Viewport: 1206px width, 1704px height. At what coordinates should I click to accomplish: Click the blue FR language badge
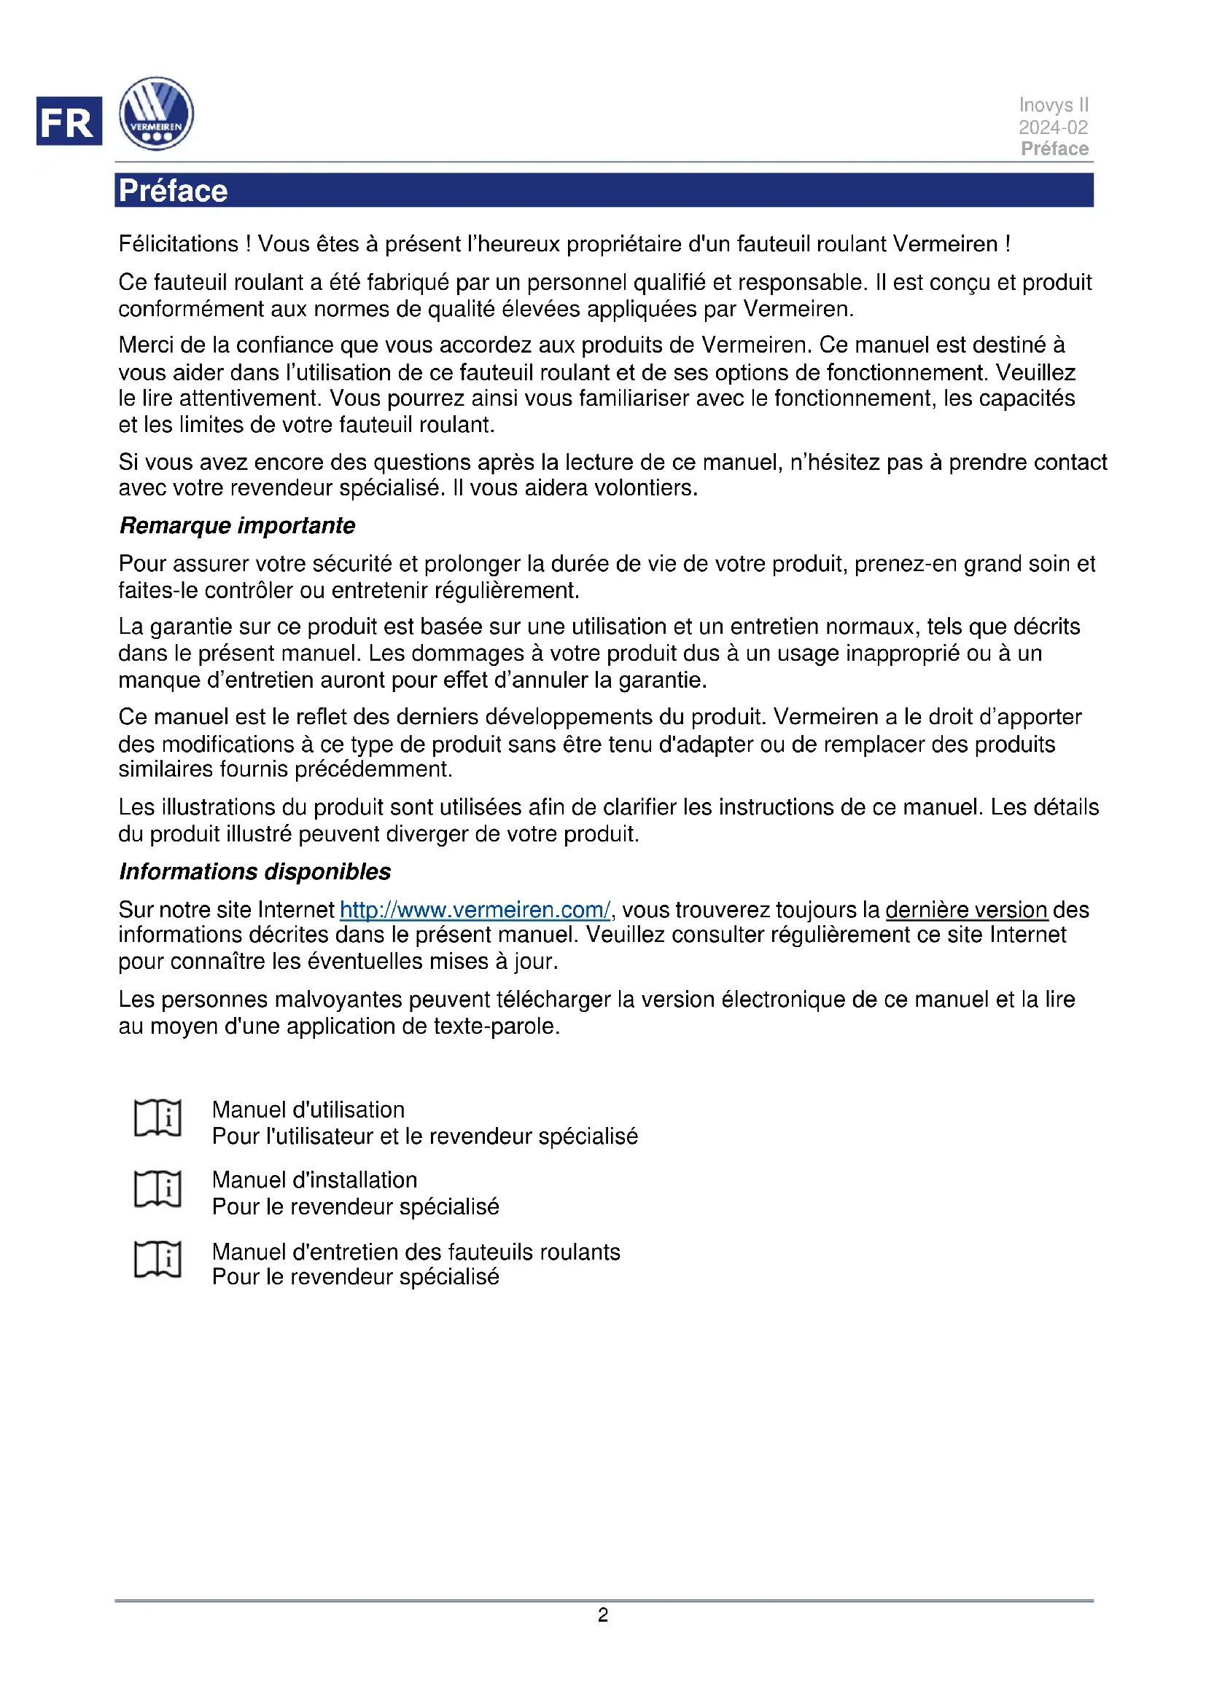tap(69, 121)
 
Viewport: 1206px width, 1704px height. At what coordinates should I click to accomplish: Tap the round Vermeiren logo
tap(157, 114)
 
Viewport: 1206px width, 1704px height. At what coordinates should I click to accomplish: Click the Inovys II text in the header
tap(1053, 105)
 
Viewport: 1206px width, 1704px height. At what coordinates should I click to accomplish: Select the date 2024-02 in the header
tap(1053, 127)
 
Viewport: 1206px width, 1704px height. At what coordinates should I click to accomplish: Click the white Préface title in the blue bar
tap(173, 191)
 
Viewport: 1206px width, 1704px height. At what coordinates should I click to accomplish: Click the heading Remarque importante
tap(238, 525)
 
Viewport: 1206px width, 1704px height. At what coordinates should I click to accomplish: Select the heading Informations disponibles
tap(254, 871)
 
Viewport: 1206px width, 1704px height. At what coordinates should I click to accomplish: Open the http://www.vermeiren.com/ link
tap(475, 910)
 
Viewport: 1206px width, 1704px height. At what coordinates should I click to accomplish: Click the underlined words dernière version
tap(966, 910)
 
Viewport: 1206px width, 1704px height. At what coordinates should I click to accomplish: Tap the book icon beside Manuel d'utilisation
tap(157, 1118)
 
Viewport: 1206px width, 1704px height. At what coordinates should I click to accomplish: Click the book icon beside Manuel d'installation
tap(157, 1189)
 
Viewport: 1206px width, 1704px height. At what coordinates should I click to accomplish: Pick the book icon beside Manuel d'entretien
tap(157, 1260)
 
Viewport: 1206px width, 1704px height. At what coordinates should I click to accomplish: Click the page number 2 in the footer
tap(603, 1615)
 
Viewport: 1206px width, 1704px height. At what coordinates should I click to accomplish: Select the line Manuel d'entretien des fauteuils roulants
tap(416, 1252)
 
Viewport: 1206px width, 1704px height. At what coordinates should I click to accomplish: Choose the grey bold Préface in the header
tap(1054, 149)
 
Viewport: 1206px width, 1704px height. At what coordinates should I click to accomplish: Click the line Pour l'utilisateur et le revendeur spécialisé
tap(425, 1136)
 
